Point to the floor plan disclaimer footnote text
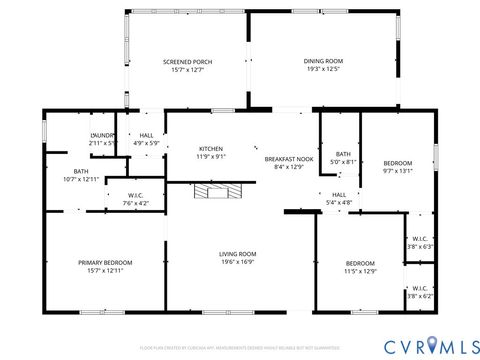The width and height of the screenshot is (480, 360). tap(240, 347)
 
